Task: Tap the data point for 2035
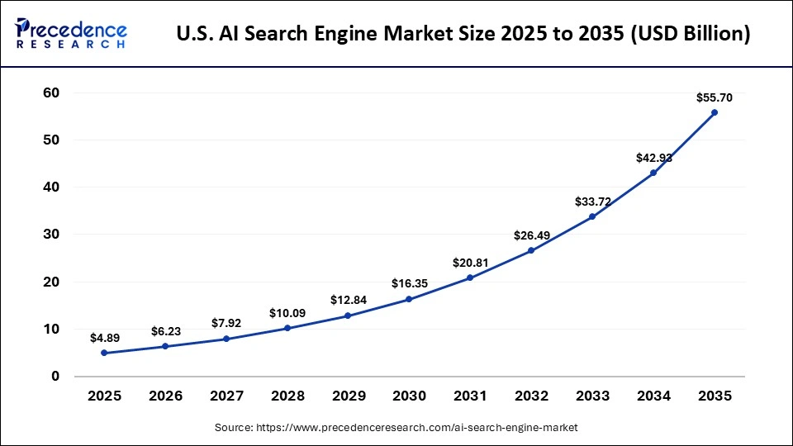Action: pyautogui.click(x=715, y=112)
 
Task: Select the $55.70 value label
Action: pyautogui.click(x=715, y=97)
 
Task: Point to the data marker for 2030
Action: pyautogui.click(x=409, y=299)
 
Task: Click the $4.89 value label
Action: pyautogui.click(x=104, y=338)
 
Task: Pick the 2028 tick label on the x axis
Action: pyautogui.click(x=287, y=396)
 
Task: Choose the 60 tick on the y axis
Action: pyautogui.click(x=50, y=93)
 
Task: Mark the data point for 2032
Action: pyautogui.click(x=530, y=251)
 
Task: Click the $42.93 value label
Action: pyautogui.click(x=653, y=158)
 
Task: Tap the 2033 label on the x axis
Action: pyautogui.click(x=592, y=396)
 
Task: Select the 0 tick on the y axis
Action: pyautogui.click(x=55, y=377)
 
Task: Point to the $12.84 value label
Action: pyautogui.click(x=348, y=301)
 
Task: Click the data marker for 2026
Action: pyautogui.click(x=165, y=346)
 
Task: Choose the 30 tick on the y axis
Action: pyautogui.click(x=50, y=235)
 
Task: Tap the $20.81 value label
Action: pyautogui.click(x=470, y=263)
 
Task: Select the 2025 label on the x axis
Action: pyautogui.click(x=104, y=396)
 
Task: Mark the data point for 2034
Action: pyautogui.click(x=653, y=173)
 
